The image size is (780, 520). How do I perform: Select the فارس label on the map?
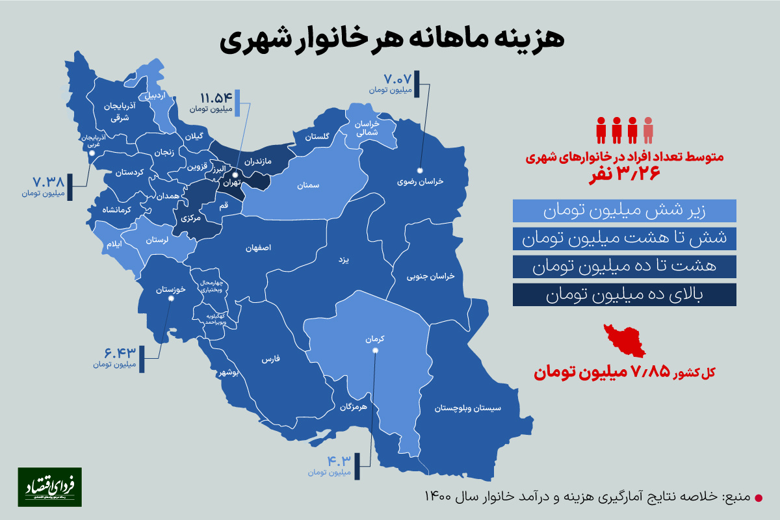(270, 359)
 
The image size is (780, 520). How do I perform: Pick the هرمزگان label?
(354, 408)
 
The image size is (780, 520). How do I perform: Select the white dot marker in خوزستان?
(171, 299)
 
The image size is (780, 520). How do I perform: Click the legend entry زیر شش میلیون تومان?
(624, 211)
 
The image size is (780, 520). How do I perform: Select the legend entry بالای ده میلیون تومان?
(624, 294)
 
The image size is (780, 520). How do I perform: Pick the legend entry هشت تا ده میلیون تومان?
(624, 266)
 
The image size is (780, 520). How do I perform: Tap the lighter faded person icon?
(648, 130)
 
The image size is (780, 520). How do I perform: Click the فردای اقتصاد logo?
(50, 487)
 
